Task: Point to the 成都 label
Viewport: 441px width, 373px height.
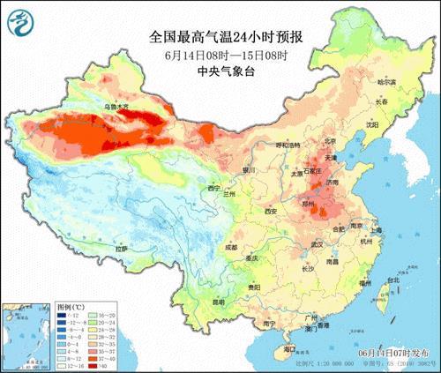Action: [230, 248]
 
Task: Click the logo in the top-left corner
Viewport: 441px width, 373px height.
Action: [20, 20]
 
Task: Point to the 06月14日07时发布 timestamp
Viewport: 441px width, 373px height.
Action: [394, 354]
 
